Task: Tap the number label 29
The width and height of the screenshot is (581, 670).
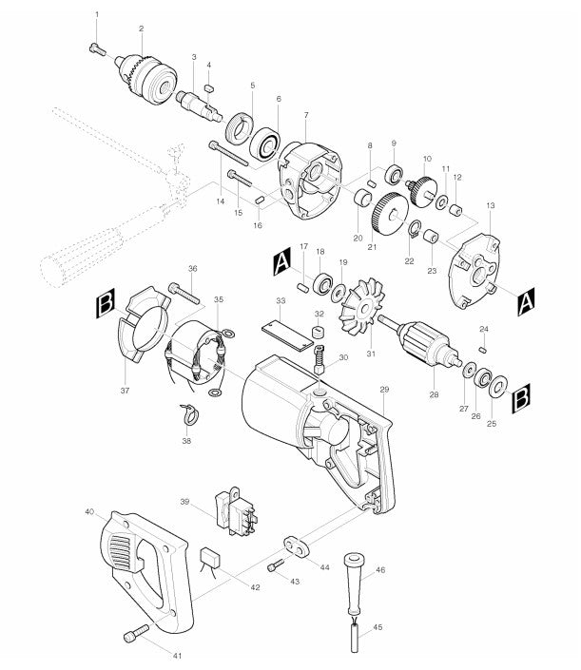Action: pos(385,390)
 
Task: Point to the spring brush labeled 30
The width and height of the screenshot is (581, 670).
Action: pos(320,359)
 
